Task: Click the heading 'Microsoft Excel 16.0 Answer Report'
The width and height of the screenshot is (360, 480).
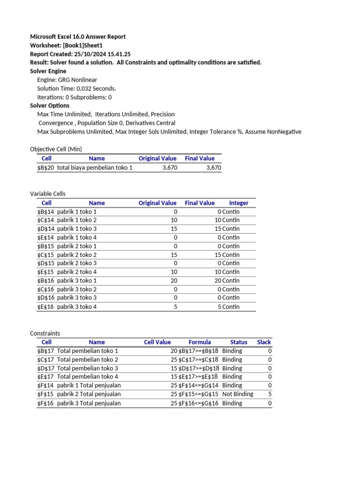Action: pyautogui.click(x=78, y=37)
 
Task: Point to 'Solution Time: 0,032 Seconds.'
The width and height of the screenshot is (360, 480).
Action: pyautogui.click(x=76, y=89)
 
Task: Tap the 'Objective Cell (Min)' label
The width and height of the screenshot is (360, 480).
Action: pyautogui.click(x=56, y=149)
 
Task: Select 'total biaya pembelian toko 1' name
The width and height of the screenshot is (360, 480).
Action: pyautogui.click(x=95, y=168)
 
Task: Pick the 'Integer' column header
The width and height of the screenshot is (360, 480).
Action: pyautogui.click(x=239, y=203)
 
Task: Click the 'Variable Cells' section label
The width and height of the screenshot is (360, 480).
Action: pyautogui.click(x=48, y=194)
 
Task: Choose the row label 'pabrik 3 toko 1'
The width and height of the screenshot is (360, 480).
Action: pyautogui.click(x=77, y=280)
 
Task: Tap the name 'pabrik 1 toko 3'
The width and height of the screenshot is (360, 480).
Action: pyautogui.click(x=77, y=229)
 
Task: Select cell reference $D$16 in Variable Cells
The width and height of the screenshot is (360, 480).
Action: pyautogui.click(x=46, y=298)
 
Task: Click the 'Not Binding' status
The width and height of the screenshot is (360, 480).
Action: pyautogui.click(x=238, y=394)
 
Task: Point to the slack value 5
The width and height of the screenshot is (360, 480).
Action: pyautogui.click(x=270, y=394)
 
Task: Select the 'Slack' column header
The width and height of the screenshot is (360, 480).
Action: pyautogui.click(x=264, y=342)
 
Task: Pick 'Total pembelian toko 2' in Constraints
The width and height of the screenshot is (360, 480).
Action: pyautogui.click(x=88, y=360)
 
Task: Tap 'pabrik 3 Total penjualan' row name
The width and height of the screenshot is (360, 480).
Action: pyautogui.click(x=89, y=403)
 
